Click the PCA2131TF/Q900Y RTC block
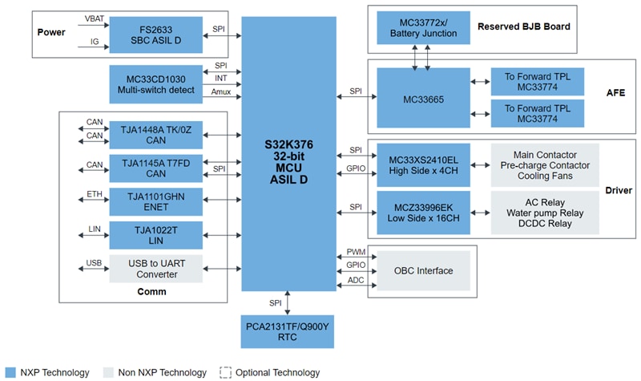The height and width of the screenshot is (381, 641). click(288, 332)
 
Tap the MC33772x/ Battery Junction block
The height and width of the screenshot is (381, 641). click(423, 27)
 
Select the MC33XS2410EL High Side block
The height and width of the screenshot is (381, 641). click(423, 165)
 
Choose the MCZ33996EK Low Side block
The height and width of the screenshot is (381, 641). click(423, 213)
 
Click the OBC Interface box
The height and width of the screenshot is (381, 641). click(423, 270)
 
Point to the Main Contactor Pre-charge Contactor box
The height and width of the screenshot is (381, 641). click(544, 165)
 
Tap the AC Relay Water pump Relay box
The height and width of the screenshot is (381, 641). click(544, 213)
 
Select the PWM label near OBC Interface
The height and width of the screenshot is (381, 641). click(356, 252)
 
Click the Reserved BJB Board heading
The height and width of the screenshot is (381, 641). click(523, 26)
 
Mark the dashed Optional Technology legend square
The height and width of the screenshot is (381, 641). click(226, 372)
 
